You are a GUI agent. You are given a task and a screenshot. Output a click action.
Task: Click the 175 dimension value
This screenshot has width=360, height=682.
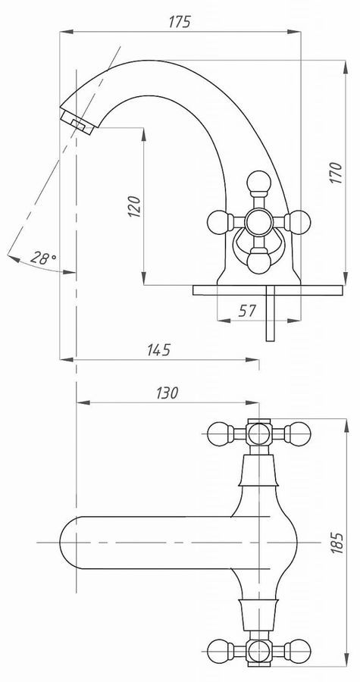tap(180, 22)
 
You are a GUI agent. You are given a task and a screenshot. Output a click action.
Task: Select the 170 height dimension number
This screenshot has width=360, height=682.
tap(336, 173)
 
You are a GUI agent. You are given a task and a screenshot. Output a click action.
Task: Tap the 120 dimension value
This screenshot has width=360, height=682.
tap(134, 207)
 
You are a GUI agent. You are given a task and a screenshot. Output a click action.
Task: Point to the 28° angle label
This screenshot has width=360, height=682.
tap(43, 258)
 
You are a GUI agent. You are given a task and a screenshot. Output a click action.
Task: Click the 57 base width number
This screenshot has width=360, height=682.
tap(247, 311)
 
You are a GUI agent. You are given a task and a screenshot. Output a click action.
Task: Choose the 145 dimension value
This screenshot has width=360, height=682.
tap(158, 349)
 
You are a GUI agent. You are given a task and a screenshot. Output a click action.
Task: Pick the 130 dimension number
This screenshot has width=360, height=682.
tap(167, 393)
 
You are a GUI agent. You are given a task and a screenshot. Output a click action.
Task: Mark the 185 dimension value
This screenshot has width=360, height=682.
tap(337, 543)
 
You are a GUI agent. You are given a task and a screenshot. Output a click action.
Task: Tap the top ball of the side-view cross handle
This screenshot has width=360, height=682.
tap(258, 182)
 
